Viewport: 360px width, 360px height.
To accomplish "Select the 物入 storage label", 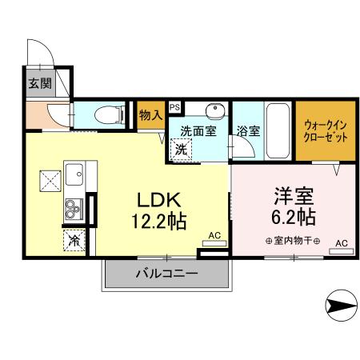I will coord(150,114).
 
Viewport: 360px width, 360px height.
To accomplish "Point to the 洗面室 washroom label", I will coord(197,130).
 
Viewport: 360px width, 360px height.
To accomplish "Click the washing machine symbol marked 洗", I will coord(182,149).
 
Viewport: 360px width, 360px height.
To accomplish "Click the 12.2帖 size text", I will coord(159,220).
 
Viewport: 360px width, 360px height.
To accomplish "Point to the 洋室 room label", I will coord(290,196).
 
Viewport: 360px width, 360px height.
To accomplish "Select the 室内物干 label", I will coord(292,241).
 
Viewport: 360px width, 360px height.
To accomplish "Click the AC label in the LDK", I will coord(214,234).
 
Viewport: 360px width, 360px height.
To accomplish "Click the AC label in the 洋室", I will coord(342,242).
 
